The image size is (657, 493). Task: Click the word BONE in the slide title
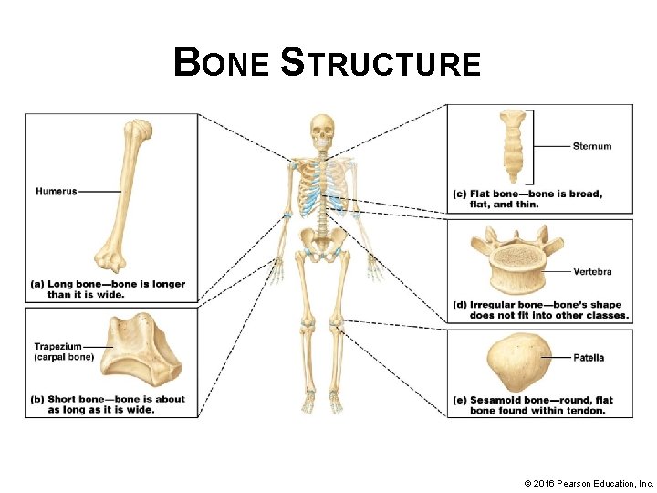[222, 64]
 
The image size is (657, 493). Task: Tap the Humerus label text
[57, 191]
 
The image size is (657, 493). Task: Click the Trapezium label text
[58, 347]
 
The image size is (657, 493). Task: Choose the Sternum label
[592, 146]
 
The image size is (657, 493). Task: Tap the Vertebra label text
[592, 272]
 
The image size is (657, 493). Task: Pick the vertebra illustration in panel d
[516, 266]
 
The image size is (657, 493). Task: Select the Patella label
[589, 358]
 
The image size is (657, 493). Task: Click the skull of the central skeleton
[322, 132]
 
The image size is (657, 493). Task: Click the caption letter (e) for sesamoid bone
[460, 400]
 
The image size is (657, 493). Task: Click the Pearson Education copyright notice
[589, 482]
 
